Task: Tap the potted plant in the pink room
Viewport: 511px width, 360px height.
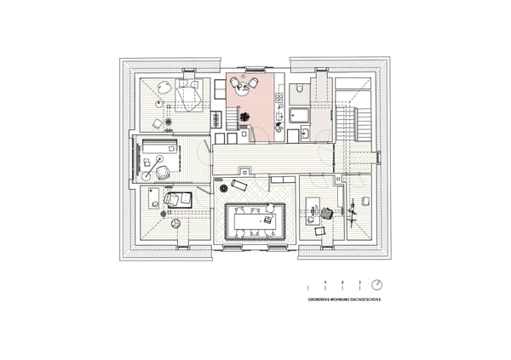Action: (244, 117)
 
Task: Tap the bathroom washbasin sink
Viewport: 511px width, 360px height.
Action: (304, 134)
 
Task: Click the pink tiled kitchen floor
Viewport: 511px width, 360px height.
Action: (259, 102)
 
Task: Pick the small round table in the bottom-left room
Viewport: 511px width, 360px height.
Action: (175, 224)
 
